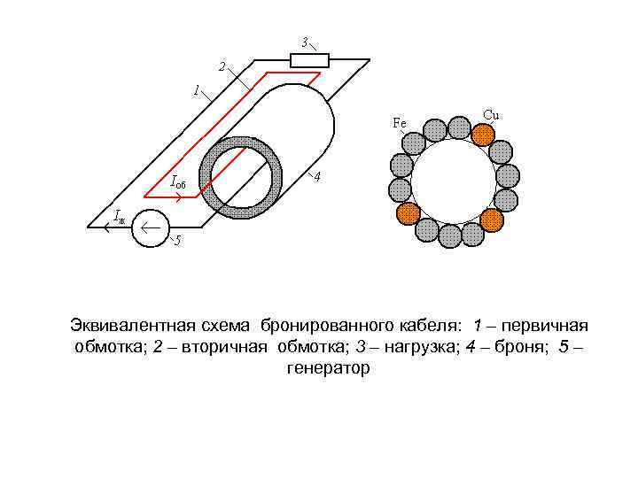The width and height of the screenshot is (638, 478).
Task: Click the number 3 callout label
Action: point(304,42)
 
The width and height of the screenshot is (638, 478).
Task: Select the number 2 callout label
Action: point(222,65)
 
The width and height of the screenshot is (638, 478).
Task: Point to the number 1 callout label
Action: point(196,89)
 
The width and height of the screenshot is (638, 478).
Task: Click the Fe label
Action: point(400,123)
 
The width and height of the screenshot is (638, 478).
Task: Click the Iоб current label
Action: point(177,183)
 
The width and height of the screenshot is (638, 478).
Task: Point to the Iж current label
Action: point(120,215)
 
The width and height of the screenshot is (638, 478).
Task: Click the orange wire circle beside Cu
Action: point(482,134)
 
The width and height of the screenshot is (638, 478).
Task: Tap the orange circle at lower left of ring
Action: point(408,213)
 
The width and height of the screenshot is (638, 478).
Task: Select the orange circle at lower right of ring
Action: point(492,219)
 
